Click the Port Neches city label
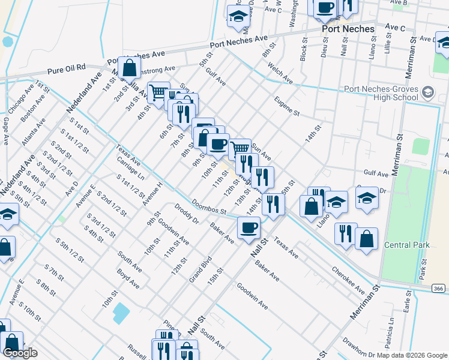coord(348,29)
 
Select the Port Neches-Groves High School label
coord(381,94)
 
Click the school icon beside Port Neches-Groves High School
coord(427,93)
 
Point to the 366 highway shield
coord(438,289)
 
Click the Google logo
coord(20,352)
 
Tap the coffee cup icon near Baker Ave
coord(249,227)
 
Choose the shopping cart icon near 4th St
coord(158,92)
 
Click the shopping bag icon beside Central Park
coord(366,238)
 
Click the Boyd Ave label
coord(128,278)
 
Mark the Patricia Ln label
coord(391,331)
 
